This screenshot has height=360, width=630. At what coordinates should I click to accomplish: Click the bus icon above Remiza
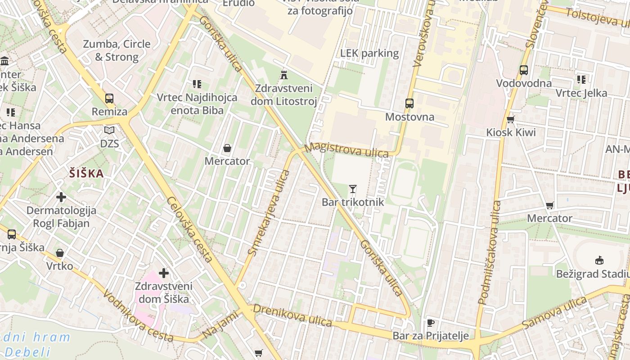[x=109, y=99]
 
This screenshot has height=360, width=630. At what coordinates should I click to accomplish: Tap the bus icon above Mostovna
[x=409, y=103]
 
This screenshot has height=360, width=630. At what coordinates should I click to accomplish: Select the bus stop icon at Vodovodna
[x=523, y=70]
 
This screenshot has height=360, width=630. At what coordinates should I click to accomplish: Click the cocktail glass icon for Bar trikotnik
[x=353, y=189]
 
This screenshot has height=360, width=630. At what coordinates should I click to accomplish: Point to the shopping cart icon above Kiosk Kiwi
[x=510, y=119]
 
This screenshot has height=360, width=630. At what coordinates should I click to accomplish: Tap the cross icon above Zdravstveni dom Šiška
[x=164, y=273]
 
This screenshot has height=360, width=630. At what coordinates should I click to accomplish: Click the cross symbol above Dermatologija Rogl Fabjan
[x=61, y=197]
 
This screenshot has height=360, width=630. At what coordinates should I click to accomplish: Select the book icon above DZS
[x=109, y=130]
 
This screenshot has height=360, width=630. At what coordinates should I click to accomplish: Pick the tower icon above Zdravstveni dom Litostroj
[x=283, y=74]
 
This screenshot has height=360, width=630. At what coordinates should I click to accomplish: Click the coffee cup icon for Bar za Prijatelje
[x=430, y=323]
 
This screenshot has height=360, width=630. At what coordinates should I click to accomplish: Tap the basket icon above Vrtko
[x=59, y=253]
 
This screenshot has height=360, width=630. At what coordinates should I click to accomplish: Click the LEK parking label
[x=369, y=53]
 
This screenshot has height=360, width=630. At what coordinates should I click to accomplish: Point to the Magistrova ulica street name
[x=346, y=150]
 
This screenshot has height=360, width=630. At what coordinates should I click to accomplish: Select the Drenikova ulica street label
[x=292, y=315]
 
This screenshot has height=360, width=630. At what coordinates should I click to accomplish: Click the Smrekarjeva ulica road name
[x=269, y=212]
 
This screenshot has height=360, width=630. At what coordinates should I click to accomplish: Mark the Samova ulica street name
[x=555, y=312]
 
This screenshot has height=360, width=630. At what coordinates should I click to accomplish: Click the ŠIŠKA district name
[x=86, y=174]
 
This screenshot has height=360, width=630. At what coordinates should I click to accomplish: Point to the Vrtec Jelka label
[x=581, y=93]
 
